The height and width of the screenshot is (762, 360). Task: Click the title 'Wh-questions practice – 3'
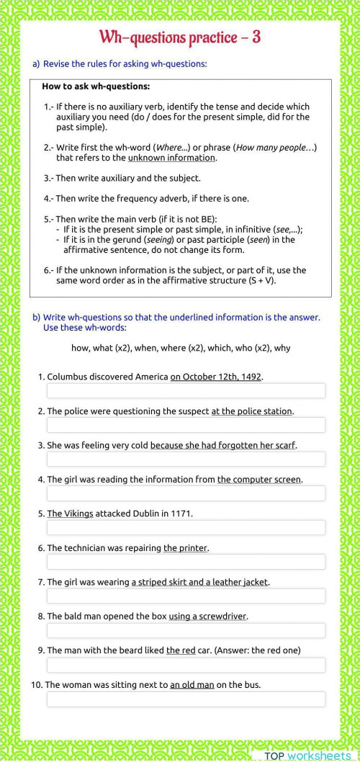179,37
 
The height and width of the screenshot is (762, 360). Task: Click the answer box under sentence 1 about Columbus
186,390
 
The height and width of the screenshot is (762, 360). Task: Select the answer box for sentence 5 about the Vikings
186,527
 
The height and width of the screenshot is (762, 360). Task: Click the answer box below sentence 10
186,699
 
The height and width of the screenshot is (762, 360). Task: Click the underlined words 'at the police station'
251,411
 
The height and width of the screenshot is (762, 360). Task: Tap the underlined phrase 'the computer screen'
259,479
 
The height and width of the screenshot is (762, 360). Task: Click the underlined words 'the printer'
185,548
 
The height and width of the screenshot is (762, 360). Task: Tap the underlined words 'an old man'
192,685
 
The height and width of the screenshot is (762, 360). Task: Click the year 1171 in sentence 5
181,514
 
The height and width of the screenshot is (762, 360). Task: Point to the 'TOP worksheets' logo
307,755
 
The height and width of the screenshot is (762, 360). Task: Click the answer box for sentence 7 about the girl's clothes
186,596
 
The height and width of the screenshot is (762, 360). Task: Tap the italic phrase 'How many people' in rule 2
272,148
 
